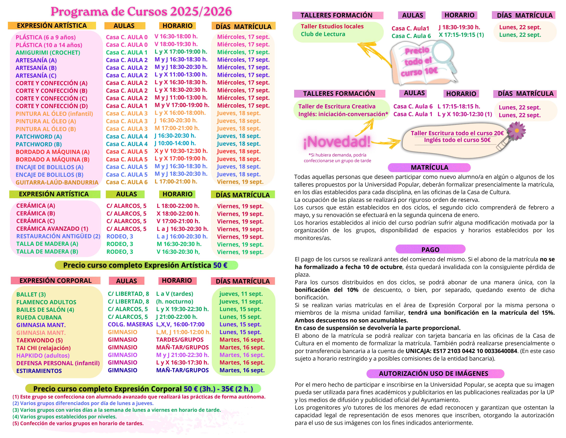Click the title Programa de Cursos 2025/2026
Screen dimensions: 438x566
tap(141, 12)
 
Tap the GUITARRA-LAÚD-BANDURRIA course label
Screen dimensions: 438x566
tap(57, 182)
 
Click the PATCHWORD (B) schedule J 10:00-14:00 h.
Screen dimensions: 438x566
tap(175, 143)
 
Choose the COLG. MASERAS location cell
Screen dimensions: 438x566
tap(130, 324)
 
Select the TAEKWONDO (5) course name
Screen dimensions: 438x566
tap(39, 340)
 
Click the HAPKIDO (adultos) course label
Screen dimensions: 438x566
tap(43, 356)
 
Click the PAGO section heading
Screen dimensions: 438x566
tap(430, 250)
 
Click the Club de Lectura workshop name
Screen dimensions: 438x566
tap(323, 34)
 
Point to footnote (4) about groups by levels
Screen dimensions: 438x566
tap(65, 417)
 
